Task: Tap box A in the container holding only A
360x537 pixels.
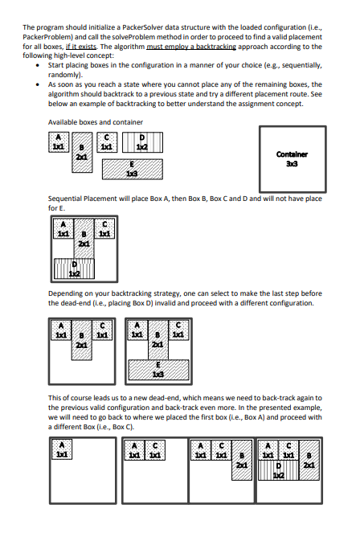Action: point(61,453)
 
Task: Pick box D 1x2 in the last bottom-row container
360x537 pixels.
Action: point(282,475)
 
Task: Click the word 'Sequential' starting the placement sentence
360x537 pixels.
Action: point(67,198)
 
